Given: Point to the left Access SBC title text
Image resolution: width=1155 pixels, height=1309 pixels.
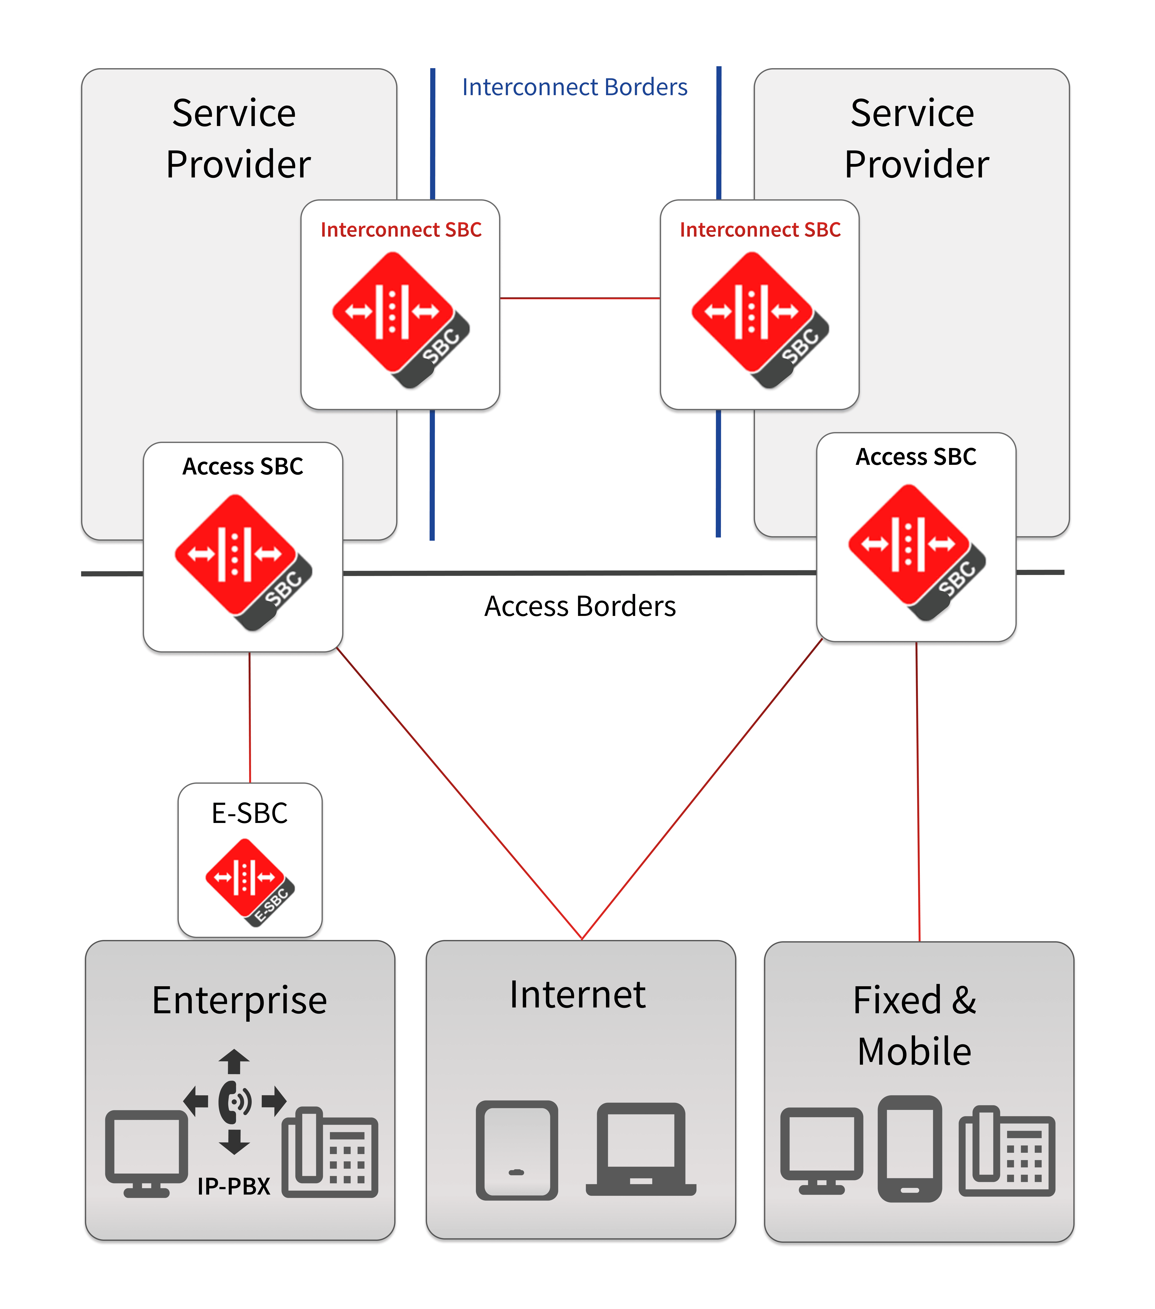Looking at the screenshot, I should point(243,466).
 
